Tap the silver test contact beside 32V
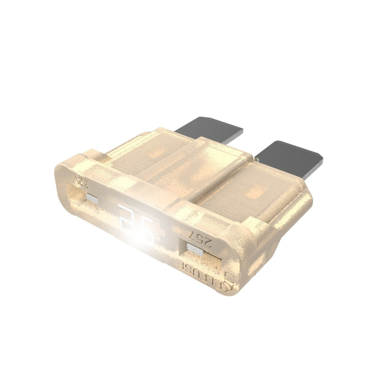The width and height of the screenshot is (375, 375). (92, 198)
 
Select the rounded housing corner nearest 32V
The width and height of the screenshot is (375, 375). (63, 173)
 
